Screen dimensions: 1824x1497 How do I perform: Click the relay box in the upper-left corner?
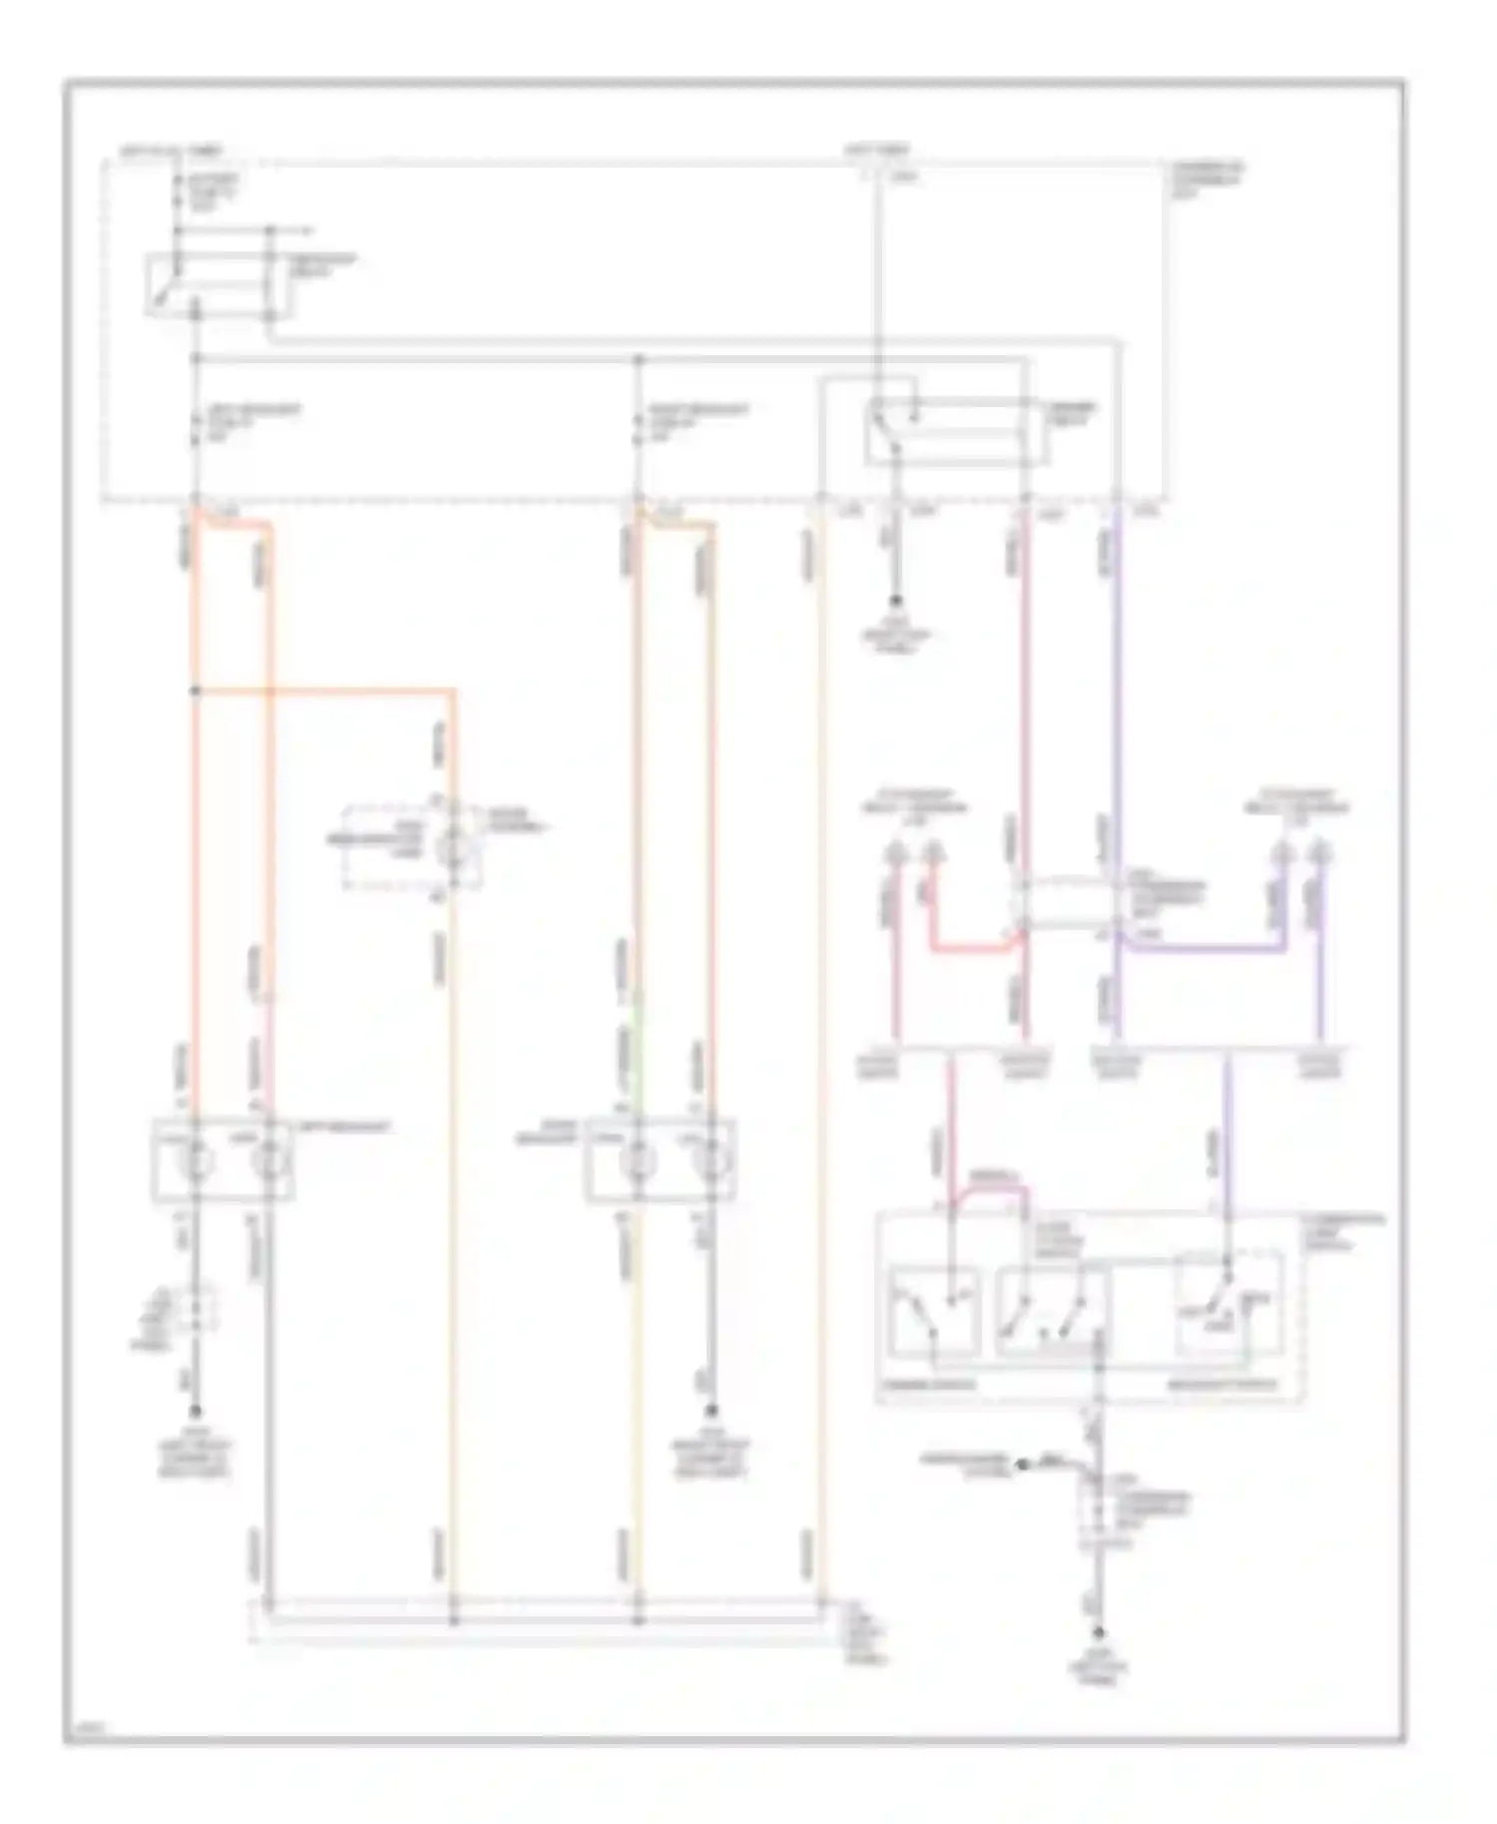(x=219, y=286)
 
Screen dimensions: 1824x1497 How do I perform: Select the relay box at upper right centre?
(x=956, y=433)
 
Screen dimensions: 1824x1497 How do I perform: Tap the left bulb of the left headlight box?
(x=195, y=1160)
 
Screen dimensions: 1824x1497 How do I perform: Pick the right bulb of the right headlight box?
(x=710, y=1161)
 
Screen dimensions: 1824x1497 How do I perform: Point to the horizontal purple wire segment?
(x=1202, y=948)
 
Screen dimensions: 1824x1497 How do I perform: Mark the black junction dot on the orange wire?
(x=195, y=690)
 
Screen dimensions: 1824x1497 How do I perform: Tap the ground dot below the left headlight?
(x=195, y=1412)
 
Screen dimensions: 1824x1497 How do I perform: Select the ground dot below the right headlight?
(x=712, y=1412)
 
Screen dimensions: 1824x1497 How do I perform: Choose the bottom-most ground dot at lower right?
(x=1099, y=1633)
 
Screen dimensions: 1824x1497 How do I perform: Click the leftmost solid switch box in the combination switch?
(x=934, y=1311)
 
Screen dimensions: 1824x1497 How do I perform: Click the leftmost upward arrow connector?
(x=895, y=854)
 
